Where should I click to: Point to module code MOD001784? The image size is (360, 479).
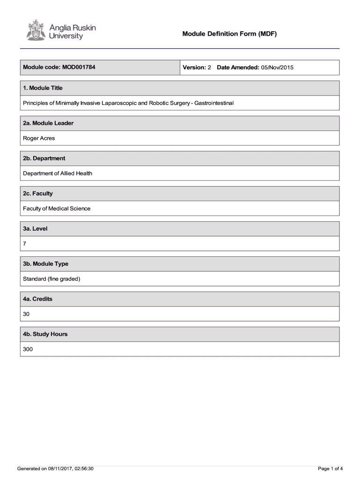coord(79,67)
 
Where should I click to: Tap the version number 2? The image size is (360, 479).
coord(209,67)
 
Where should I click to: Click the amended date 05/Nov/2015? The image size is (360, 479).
coord(277,67)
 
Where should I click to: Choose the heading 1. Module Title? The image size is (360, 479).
coord(43,88)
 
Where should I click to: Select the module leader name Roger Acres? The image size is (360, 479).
coord(39,138)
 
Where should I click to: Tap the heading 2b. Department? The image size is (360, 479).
coord(44,158)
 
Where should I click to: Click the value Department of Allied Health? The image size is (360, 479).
coord(58,173)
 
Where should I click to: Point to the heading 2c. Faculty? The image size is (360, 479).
coord(38,193)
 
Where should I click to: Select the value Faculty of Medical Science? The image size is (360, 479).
coord(57,208)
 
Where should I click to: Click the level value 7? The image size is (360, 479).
coord(25,243)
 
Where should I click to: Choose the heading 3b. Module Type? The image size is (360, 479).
coord(45,264)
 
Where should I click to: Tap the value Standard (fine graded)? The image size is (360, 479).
coord(51,279)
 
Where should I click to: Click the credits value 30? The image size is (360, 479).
coord(26,314)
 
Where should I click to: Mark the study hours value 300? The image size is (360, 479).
coord(28,349)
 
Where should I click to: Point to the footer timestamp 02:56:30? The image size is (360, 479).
coord(83,468)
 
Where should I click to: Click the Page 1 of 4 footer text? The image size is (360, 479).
coord(330,468)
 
